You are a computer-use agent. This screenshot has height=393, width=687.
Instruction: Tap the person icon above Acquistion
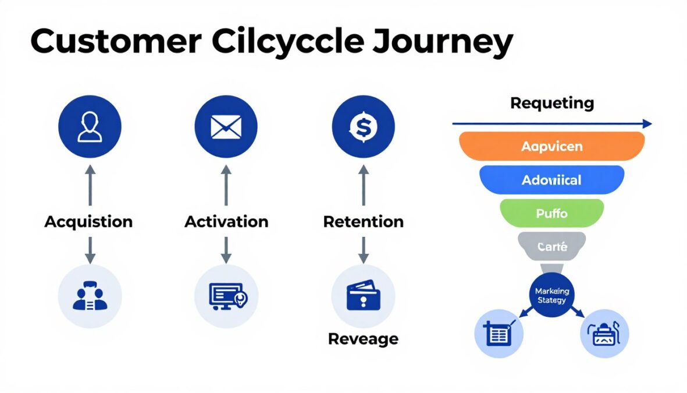pyautogui.click(x=90, y=127)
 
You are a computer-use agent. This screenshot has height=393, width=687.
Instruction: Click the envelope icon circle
pyautogui.click(x=226, y=127)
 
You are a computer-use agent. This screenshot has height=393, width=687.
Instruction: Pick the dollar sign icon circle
pyautogui.click(x=363, y=127)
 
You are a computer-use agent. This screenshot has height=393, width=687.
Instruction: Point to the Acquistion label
pyautogui.click(x=88, y=222)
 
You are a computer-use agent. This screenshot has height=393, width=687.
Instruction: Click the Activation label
pyautogui.click(x=226, y=222)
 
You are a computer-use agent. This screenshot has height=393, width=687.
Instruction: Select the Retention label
pyautogui.click(x=363, y=222)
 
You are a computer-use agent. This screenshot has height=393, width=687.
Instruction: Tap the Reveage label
pyautogui.click(x=363, y=339)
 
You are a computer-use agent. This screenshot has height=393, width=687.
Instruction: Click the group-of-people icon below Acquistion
pyautogui.click(x=90, y=296)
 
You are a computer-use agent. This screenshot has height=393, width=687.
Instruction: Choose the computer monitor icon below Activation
pyautogui.click(x=226, y=296)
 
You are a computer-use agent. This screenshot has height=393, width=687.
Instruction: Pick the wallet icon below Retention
pyautogui.click(x=363, y=296)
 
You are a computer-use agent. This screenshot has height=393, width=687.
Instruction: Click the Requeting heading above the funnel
pyautogui.click(x=551, y=104)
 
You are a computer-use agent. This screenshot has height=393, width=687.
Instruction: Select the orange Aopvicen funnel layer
pyautogui.click(x=551, y=146)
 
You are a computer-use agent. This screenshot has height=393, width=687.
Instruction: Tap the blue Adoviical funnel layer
pyautogui.click(x=551, y=180)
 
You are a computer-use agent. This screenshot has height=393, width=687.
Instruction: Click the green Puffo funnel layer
pyautogui.click(x=551, y=213)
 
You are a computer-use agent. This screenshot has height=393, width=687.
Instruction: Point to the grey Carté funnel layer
pyautogui.click(x=551, y=247)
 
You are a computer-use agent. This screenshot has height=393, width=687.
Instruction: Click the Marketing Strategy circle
pyautogui.click(x=551, y=296)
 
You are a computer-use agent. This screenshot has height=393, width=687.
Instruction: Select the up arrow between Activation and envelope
pyautogui.click(x=226, y=185)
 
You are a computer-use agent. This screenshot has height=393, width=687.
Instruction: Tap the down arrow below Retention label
pyautogui.click(x=363, y=249)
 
